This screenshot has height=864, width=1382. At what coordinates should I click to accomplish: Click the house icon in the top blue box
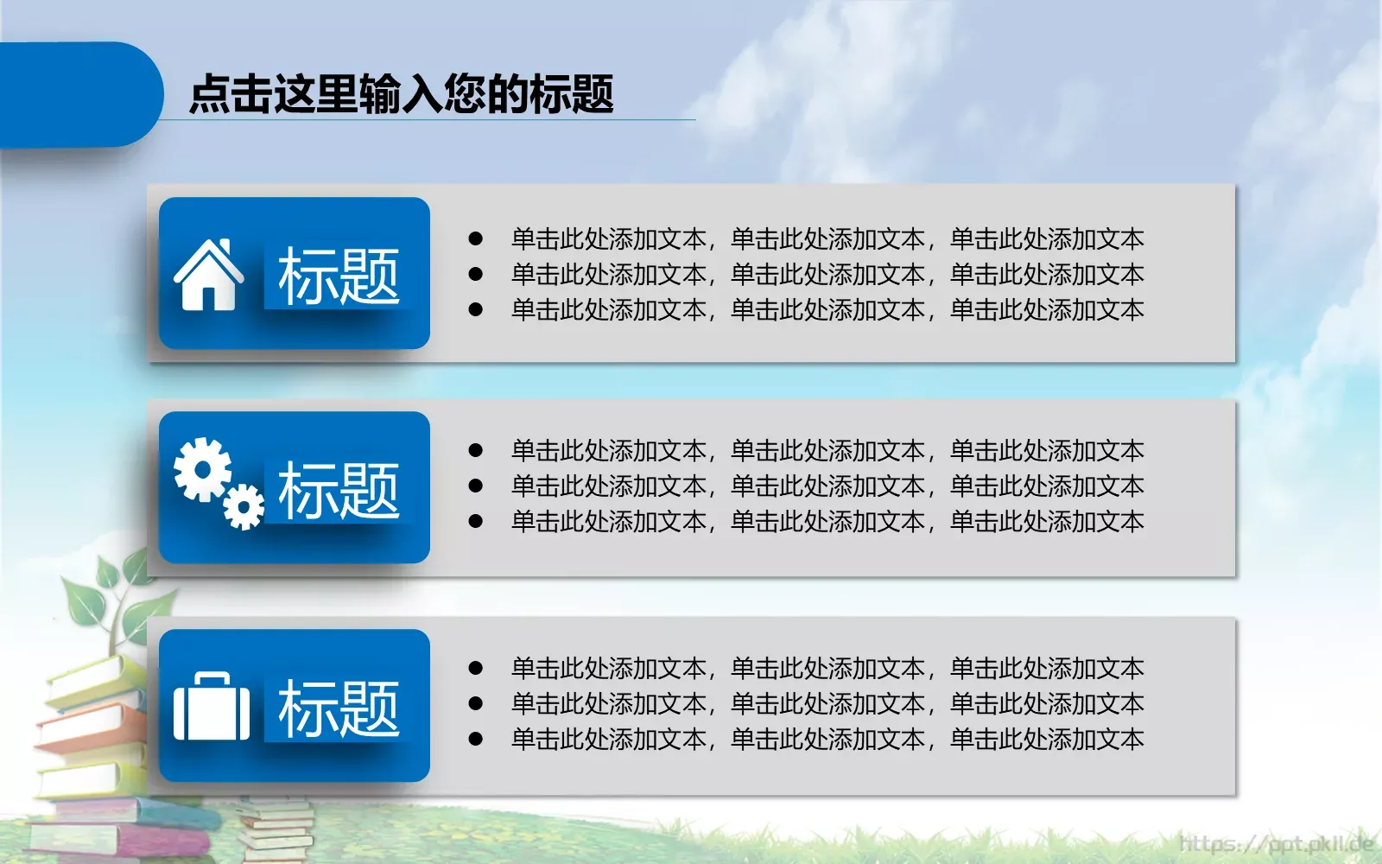click(x=208, y=275)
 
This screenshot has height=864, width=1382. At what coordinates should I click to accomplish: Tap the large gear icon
click(x=202, y=469)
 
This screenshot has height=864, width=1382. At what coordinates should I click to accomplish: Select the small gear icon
click(x=244, y=507)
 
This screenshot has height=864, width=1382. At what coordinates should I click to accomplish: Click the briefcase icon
click(x=212, y=708)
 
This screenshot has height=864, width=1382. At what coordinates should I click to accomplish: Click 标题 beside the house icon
click(x=339, y=276)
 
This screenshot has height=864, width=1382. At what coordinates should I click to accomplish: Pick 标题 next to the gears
click(x=339, y=490)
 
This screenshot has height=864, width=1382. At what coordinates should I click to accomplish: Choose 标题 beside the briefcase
click(x=339, y=708)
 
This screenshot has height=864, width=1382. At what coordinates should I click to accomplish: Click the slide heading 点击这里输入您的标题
click(x=401, y=93)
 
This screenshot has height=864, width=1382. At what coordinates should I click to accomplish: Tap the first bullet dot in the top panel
click(x=475, y=238)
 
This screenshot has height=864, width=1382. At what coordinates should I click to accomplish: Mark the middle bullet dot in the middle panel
click(x=475, y=486)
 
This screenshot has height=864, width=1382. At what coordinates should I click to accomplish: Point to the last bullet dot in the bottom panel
click(x=475, y=739)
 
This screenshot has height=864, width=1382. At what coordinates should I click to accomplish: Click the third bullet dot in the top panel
click(x=475, y=309)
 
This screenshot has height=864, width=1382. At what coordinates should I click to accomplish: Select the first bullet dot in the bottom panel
click(x=475, y=668)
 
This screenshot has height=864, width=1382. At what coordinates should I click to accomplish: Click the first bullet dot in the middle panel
click(x=475, y=450)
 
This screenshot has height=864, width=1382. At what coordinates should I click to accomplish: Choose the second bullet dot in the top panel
click(x=475, y=274)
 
